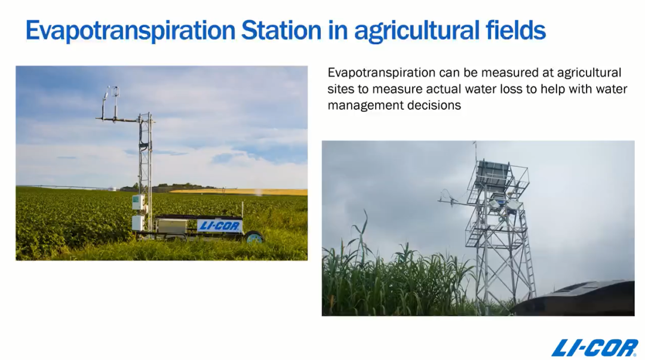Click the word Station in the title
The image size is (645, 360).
tap(281, 30)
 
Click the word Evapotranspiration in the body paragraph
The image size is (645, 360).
tap(381, 73)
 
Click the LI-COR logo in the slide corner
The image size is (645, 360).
tap(595, 347)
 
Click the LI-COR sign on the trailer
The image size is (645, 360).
tap(219, 226)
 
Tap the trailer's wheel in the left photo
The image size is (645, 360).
tap(255, 238)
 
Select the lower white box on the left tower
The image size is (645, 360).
tap(137, 223)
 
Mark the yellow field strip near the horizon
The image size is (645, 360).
tap(239, 191)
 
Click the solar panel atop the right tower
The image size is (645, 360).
tap(493, 170)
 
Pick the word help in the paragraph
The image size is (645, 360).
tap(552, 89)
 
